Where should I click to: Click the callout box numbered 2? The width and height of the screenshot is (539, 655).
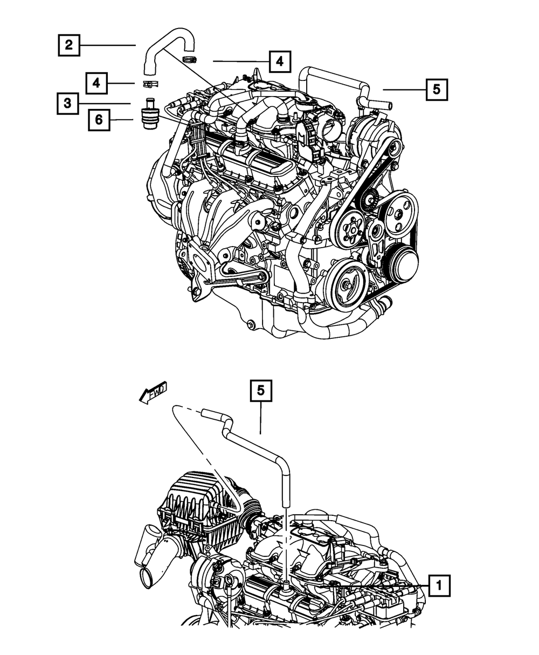point(69,45)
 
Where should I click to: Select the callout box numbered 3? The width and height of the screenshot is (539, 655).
point(68,103)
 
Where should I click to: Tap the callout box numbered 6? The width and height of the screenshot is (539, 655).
point(99,120)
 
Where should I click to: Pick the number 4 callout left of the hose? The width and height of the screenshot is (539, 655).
point(96,83)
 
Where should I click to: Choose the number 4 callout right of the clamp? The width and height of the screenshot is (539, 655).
point(280,62)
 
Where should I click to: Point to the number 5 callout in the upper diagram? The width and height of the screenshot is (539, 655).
point(437,90)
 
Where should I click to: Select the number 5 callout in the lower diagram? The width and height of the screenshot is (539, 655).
point(261,391)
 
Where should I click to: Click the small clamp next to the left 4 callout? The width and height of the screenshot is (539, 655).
point(150,84)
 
